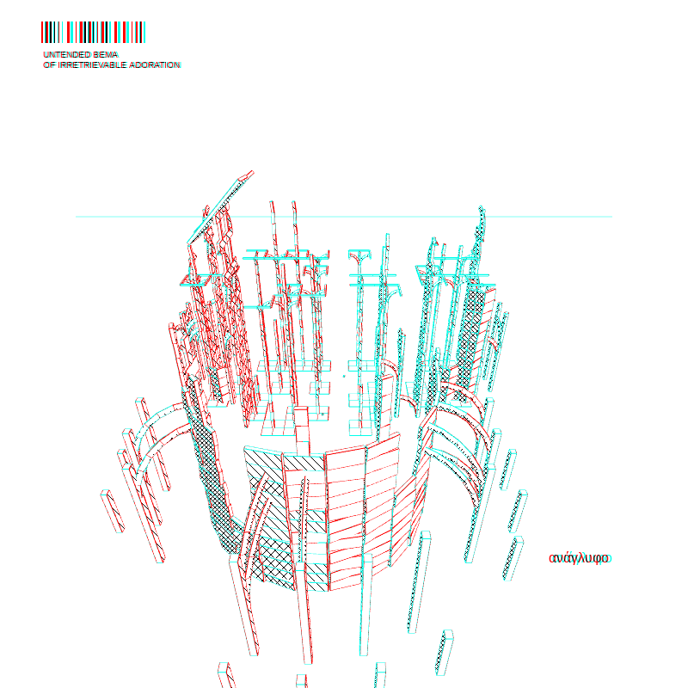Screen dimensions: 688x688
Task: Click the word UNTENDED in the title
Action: click(x=67, y=54)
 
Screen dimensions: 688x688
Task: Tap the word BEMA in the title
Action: click(x=106, y=54)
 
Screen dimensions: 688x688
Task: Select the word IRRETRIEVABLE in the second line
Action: click(x=86, y=65)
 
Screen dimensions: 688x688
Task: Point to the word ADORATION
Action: click(x=149, y=65)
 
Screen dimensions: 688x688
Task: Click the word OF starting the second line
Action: click(x=49, y=65)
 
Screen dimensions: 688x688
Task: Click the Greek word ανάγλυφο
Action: click(x=579, y=558)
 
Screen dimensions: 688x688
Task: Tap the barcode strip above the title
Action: click(x=93, y=32)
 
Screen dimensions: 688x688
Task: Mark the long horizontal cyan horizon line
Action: click(x=343, y=217)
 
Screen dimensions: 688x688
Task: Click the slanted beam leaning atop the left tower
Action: click(x=220, y=206)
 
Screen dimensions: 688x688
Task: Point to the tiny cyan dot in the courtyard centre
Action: click(x=344, y=376)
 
